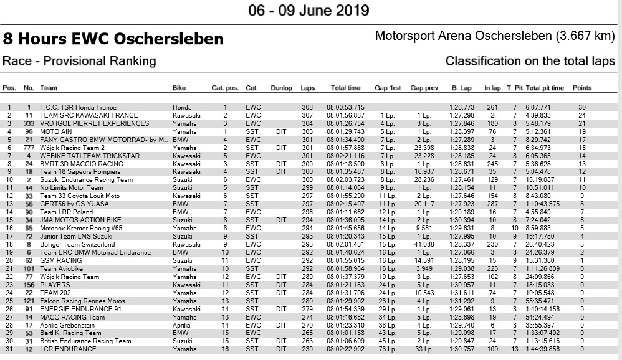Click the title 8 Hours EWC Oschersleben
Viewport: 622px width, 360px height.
[113, 39]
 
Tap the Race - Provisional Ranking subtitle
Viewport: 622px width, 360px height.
[79, 61]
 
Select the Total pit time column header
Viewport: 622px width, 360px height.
[545, 88]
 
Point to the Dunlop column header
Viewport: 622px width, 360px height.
[281, 88]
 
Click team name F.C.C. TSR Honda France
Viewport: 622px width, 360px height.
[78, 108]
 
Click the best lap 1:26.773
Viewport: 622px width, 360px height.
[461, 108]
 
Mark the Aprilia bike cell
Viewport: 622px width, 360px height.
[181, 325]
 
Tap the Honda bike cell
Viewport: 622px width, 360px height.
[182, 108]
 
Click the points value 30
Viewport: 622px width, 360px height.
[581, 108]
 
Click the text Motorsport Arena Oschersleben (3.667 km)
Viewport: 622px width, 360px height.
[495, 36]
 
